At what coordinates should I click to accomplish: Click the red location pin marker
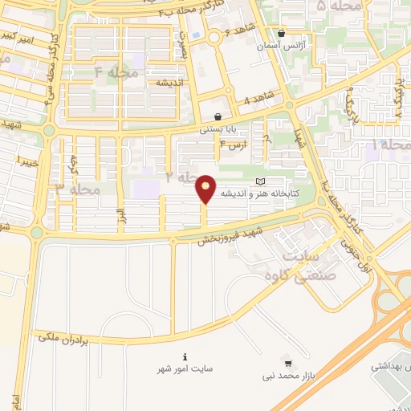click(x=206, y=189)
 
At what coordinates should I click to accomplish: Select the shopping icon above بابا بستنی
click(x=218, y=116)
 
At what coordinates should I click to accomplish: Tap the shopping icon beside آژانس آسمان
click(x=281, y=34)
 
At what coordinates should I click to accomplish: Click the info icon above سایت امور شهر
click(x=185, y=356)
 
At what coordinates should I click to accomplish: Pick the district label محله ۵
click(x=333, y=7)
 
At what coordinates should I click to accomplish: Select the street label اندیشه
click(x=172, y=83)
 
